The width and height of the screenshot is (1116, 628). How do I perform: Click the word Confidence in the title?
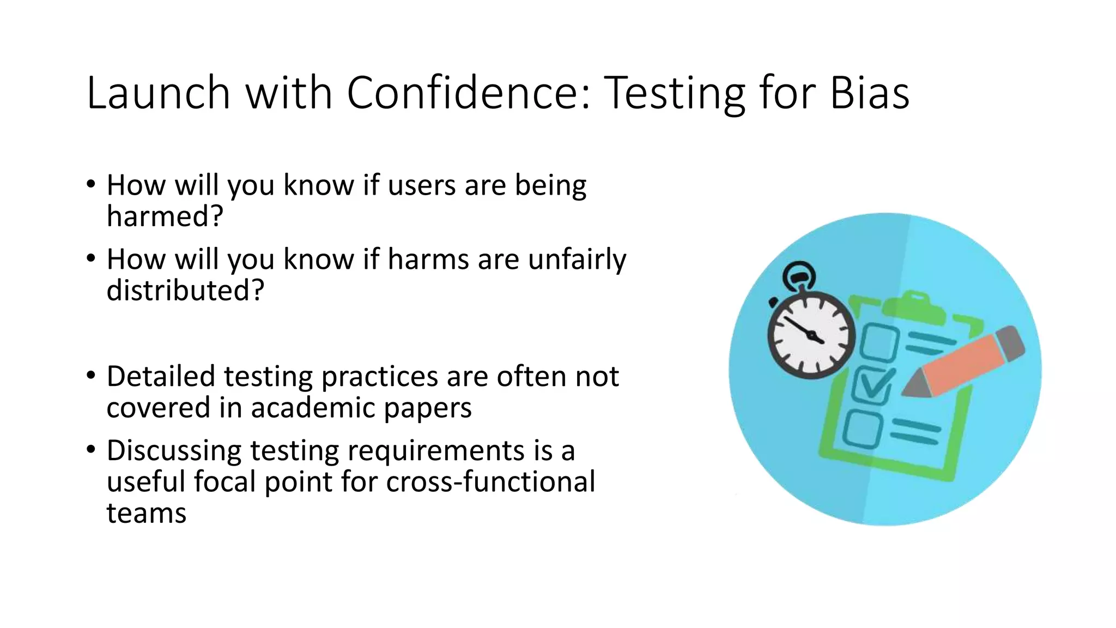tap(468, 93)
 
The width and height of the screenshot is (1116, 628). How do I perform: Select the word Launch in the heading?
tap(158, 93)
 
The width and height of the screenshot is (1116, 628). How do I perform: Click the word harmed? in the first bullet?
tap(165, 216)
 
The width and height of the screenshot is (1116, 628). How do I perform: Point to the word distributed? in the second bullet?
tap(185, 290)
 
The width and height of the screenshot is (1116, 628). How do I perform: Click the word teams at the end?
tap(146, 514)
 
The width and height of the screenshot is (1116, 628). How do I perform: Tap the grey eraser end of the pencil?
tap(1011, 342)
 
